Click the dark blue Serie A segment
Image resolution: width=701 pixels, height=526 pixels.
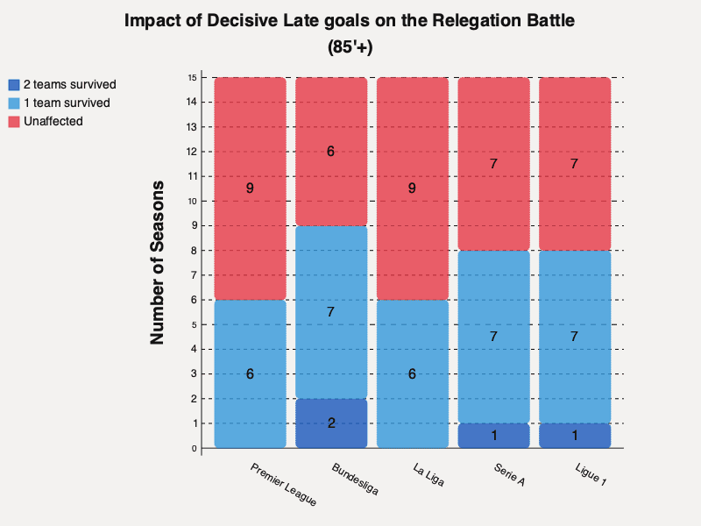[493, 436]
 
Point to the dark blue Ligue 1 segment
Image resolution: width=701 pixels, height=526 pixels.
[575, 436]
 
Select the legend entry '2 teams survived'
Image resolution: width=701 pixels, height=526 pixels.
[69, 85]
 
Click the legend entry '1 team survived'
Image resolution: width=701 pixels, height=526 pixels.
[66, 103]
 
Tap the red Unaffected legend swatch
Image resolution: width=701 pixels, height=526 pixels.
[13, 121]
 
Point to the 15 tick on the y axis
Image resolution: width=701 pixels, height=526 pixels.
[192, 77]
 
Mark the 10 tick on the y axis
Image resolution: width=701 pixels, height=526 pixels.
[192, 201]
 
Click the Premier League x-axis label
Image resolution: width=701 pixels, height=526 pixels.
[282, 485]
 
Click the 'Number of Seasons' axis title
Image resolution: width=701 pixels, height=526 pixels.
[158, 263]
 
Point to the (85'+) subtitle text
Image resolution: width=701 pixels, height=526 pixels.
[350, 48]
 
